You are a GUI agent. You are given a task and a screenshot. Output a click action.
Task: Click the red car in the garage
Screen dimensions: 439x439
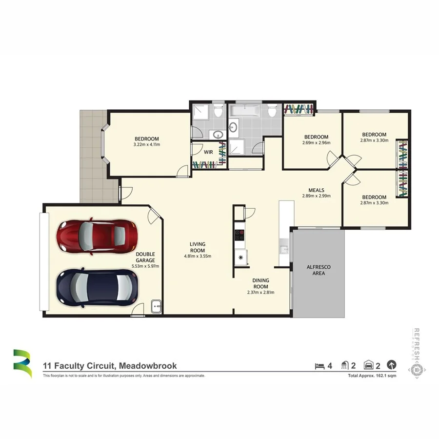[x=96, y=237]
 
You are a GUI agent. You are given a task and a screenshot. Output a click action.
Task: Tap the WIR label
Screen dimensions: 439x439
[x=208, y=152]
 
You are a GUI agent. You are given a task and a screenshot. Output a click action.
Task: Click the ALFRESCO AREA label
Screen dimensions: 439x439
[x=316, y=270]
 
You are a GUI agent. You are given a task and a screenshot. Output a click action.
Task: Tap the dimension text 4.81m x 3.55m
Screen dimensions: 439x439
[x=198, y=256]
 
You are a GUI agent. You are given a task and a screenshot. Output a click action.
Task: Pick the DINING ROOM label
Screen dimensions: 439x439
[x=261, y=283]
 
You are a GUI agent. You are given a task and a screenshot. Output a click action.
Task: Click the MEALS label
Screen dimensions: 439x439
[x=316, y=190]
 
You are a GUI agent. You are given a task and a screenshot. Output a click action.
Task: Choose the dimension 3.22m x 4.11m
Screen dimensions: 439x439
[x=147, y=145]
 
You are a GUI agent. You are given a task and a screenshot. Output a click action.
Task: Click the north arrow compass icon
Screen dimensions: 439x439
[x=391, y=365]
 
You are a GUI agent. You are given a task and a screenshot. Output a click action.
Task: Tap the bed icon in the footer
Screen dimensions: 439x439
[x=319, y=365]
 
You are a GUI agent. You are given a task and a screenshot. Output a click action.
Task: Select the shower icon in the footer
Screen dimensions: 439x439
[x=345, y=365]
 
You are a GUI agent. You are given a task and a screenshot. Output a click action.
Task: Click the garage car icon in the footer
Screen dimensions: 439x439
[x=369, y=365]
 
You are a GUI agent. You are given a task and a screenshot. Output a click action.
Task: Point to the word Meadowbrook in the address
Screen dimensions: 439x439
[x=147, y=365]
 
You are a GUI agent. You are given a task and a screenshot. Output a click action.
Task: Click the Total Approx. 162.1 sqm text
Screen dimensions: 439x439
[x=372, y=376]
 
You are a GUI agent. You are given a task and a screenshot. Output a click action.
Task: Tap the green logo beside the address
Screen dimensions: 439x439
[x=22, y=363]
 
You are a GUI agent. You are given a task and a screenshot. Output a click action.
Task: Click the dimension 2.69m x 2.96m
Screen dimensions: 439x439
[x=316, y=143]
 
